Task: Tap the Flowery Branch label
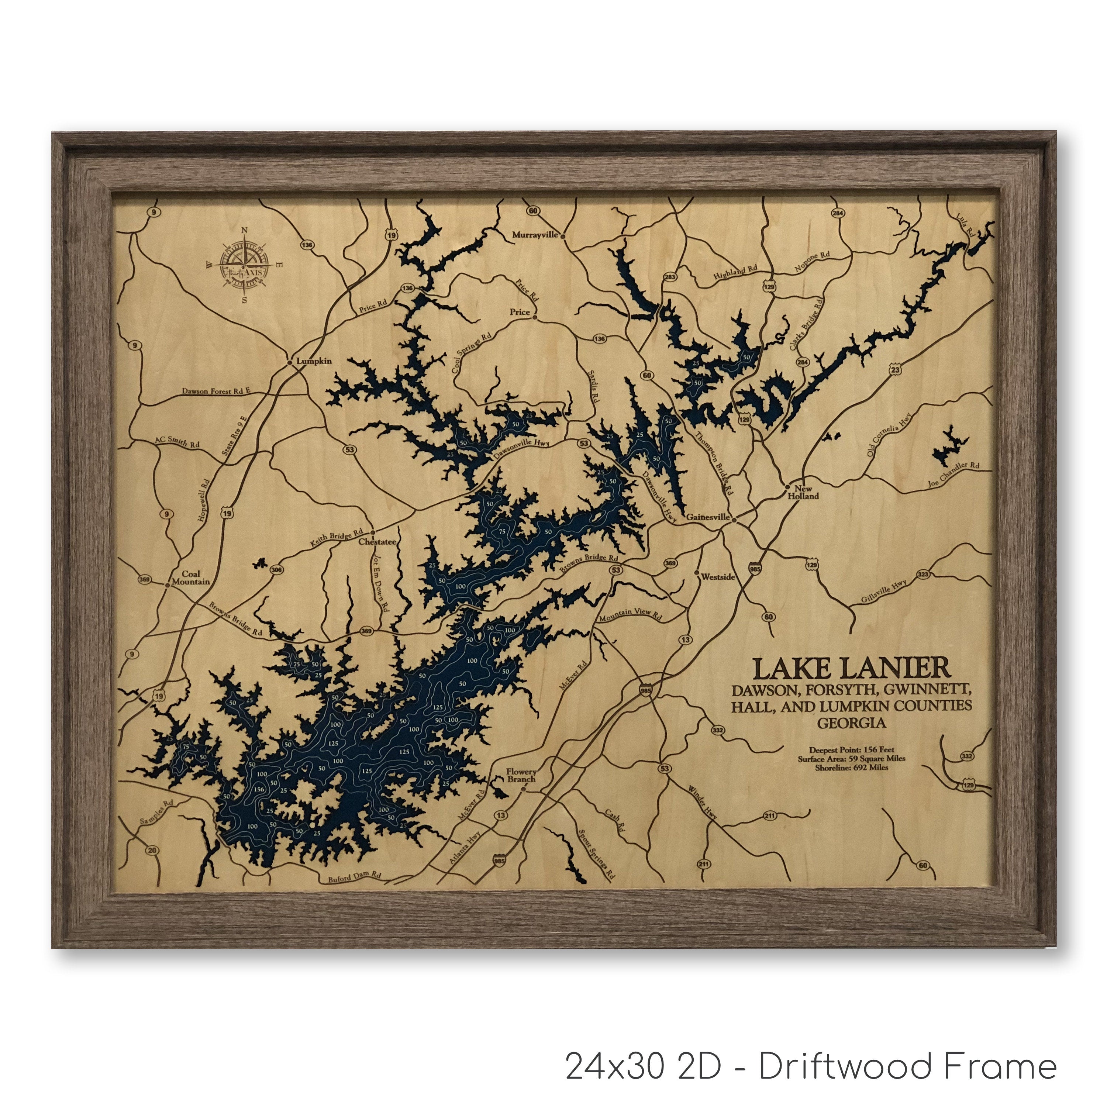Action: [x=521, y=775]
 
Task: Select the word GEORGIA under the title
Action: [x=851, y=723]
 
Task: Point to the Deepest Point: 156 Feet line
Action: [x=851, y=749]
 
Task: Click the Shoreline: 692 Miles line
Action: [x=851, y=767]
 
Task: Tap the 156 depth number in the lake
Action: [x=259, y=789]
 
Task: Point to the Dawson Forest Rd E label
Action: [x=216, y=392]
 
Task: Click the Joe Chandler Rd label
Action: [x=953, y=475]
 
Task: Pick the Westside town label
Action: [x=717, y=577]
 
